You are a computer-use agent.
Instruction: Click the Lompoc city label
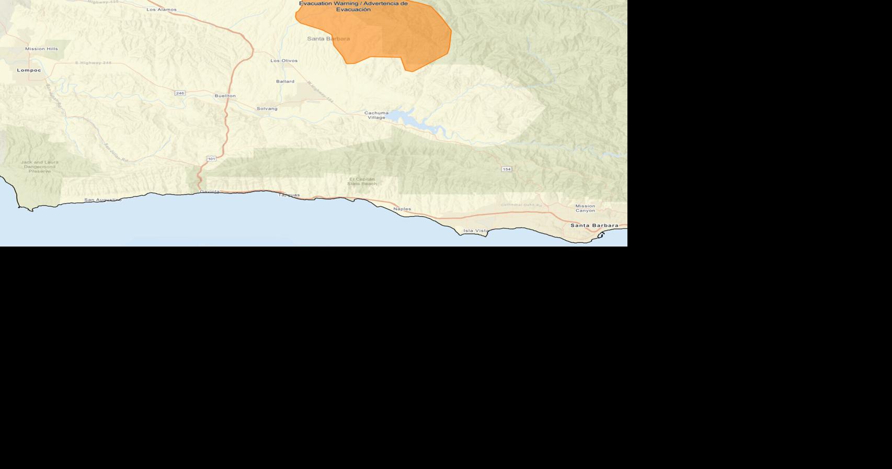[x=29, y=70]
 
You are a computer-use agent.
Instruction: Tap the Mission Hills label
[x=42, y=49]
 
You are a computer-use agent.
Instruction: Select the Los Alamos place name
[x=162, y=9]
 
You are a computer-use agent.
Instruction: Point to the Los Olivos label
[x=284, y=61]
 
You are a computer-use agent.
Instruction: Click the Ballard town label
[x=285, y=81]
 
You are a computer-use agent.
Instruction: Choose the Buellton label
[x=225, y=96]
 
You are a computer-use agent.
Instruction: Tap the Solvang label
[x=267, y=108]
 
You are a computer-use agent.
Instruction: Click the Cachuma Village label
[x=376, y=115]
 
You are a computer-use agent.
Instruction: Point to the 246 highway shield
[x=180, y=93]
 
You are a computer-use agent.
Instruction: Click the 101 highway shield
[x=211, y=159]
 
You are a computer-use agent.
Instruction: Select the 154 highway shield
[x=507, y=169]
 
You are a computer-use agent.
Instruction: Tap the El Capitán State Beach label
[x=362, y=182]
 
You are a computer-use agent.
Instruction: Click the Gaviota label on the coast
[x=210, y=192]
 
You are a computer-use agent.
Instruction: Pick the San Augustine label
[x=103, y=200]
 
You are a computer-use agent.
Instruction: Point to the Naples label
[x=402, y=209]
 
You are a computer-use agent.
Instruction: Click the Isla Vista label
[x=476, y=231]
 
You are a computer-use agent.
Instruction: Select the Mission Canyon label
[x=585, y=208]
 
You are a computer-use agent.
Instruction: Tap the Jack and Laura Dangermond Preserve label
[x=40, y=166]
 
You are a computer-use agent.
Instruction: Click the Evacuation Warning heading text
[x=353, y=6]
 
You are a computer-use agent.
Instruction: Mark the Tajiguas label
[x=289, y=195]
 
